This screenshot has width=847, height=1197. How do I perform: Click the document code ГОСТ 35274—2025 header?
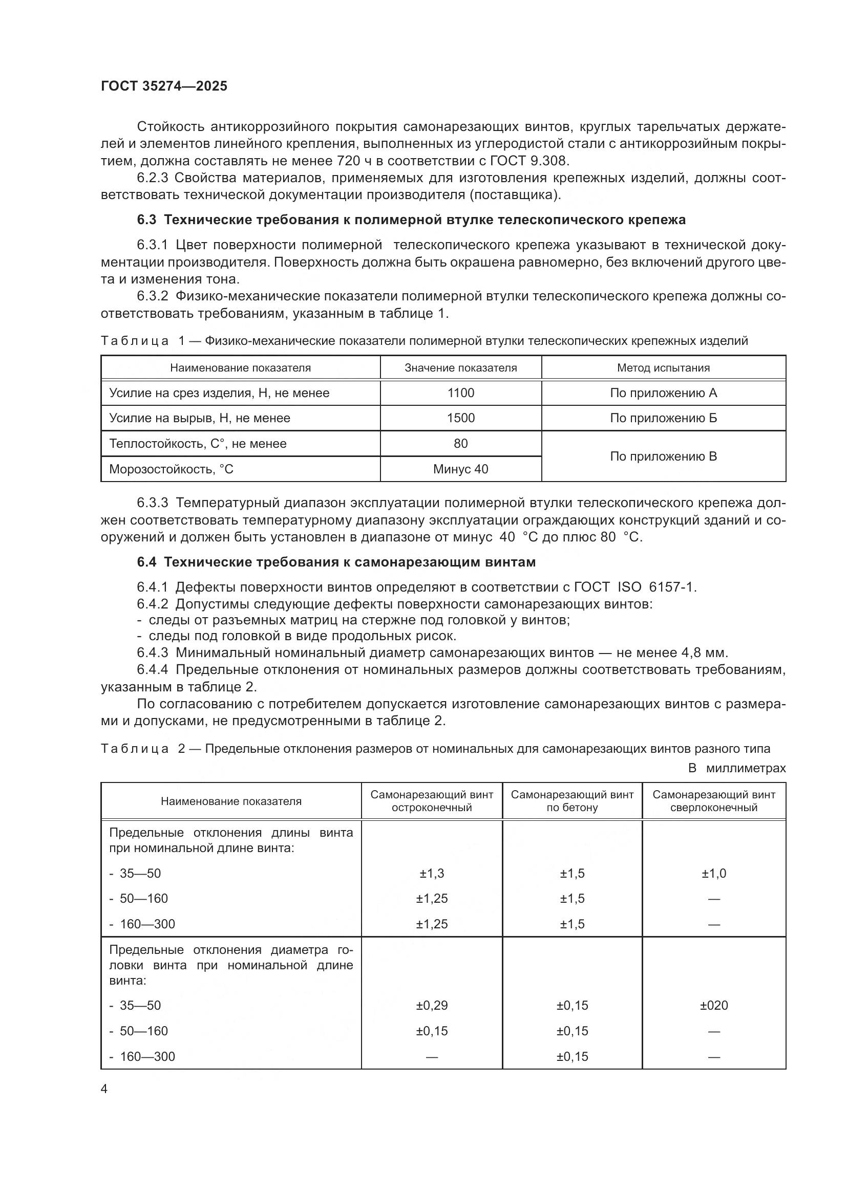[164, 86]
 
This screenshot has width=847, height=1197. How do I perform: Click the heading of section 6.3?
[411, 220]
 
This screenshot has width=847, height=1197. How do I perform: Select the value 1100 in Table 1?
[460, 393]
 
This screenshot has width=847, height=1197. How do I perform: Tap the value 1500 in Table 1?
[460, 418]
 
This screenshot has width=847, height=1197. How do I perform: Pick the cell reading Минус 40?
[460, 469]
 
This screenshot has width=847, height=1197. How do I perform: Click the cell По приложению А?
[663, 393]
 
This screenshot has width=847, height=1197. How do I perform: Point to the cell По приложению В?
[663, 456]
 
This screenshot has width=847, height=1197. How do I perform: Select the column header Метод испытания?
[663, 368]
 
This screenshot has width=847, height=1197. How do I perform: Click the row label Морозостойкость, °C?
[171, 469]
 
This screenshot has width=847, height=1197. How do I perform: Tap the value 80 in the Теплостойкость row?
[460, 444]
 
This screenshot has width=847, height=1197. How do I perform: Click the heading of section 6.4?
[336, 562]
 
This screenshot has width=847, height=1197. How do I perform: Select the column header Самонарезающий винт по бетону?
[572, 801]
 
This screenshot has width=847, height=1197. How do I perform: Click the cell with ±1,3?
[432, 873]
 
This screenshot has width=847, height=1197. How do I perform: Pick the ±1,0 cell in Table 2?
[713, 873]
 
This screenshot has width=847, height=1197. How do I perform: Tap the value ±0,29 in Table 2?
[432, 1006]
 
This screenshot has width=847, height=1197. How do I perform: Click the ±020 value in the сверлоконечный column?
[713, 1006]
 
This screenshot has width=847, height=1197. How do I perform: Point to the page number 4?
[104, 1090]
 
